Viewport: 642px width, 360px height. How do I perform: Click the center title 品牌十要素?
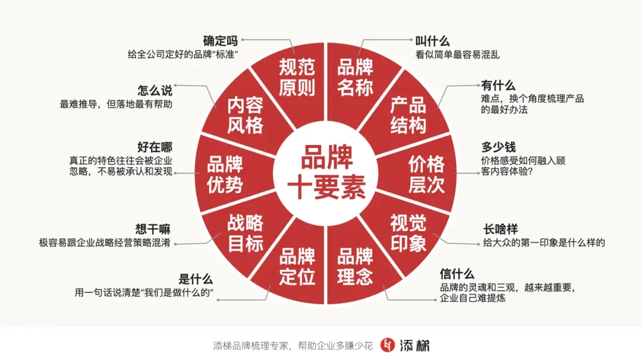click(x=326, y=173)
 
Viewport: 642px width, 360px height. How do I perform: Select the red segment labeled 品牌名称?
click(x=355, y=77)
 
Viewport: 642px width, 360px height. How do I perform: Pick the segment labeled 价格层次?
click(x=426, y=174)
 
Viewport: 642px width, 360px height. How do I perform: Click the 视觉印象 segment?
click(x=408, y=233)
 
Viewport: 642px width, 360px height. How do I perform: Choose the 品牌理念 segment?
click(x=355, y=267)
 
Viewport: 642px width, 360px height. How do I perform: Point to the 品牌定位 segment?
click(x=297, y=267)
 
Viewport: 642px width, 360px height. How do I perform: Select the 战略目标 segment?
click(x=245, y=233)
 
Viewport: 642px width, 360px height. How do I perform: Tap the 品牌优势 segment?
click(x=225, y=175)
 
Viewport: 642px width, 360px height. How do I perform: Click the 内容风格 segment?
click(x=245, y=115)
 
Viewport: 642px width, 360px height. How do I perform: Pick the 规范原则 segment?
click(x=297, y=77)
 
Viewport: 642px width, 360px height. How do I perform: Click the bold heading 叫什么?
click(x=432, y=42)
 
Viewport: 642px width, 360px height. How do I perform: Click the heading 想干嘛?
click(x=154, y=229)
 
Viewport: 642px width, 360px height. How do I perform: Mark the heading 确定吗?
click(x=220, y=41)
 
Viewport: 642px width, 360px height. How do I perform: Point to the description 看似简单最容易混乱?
click(x=457, y=54)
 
